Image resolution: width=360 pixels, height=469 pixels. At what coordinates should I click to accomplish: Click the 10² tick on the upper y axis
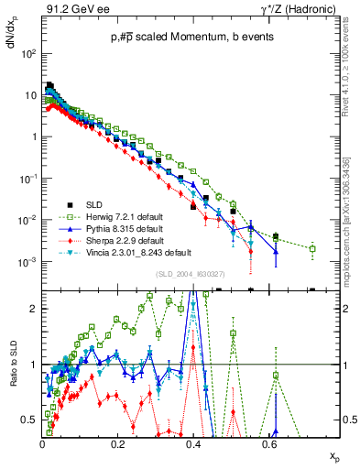(30, 53)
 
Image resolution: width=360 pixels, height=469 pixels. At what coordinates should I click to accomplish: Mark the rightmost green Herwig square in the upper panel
(312, 248)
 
